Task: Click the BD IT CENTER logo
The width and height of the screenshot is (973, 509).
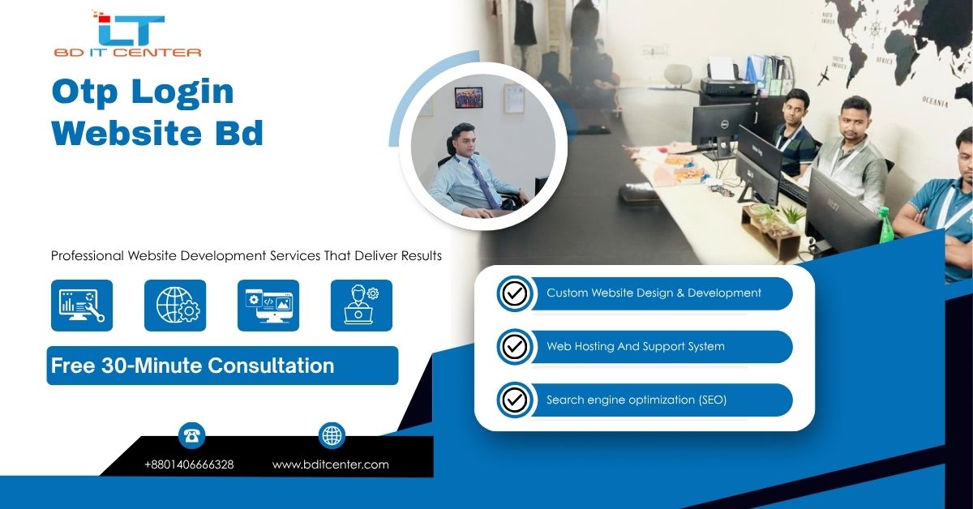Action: pyautogui.click(x=127, y=34)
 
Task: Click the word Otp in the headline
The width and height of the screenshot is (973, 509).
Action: pyautogui.click(x=84, y=92)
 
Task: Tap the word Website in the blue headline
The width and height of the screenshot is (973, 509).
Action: pyautogui.click(x=126, y=133)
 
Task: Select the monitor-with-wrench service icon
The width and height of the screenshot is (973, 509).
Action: pyautogui.click(x=82, y=306)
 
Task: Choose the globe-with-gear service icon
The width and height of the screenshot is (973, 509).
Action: pyautogui.click(x=175, y=306)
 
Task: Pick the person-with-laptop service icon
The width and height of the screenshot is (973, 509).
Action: pyautogui.click(x=362, y=306)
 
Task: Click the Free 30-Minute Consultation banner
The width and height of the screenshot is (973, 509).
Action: pyautogui.click(x=222, y=366)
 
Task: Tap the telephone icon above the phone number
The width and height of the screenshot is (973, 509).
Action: pyautogui.click(x=191, y=435)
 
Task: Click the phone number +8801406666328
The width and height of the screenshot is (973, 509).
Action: pyautogui.click(x=189, y=464)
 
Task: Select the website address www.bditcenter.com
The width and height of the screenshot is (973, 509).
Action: pyautogui.click(x=331, y=464)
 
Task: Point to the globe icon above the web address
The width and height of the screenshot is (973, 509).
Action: pyautogui.click(x=332, y=435)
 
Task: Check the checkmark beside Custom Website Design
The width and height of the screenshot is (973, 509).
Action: pyautogui.click(x=515, y=293)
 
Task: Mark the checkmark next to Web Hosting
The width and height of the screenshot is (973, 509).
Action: pyautogui.click(x=515, y=347)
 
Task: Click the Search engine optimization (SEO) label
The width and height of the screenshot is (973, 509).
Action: pyautogui.click(x=637, y=400)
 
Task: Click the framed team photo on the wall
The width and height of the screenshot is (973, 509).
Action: pyautogui.click(x=469, y=97)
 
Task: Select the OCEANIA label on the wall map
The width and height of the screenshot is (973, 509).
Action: pyautogui.click(x=935, y=102)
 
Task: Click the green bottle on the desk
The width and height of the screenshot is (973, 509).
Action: pyautogui.click(x=885, y=225)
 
